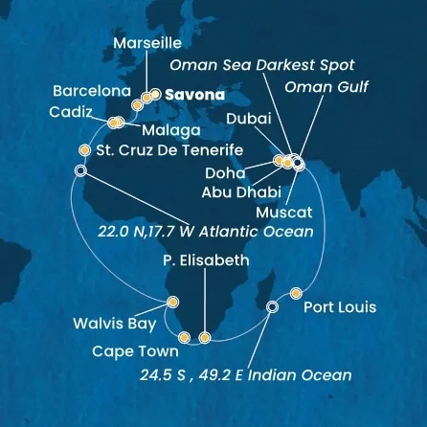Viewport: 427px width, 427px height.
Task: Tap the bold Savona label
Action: pos(192,96)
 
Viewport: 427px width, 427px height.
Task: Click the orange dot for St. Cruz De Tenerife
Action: pos(85,150)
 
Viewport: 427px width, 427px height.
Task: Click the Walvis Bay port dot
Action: pos(172,303)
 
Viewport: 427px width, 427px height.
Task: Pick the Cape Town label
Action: pos(133,351)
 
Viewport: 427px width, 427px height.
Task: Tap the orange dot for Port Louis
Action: pos(296,292)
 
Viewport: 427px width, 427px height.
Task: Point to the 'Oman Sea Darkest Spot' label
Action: pos(260,65)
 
